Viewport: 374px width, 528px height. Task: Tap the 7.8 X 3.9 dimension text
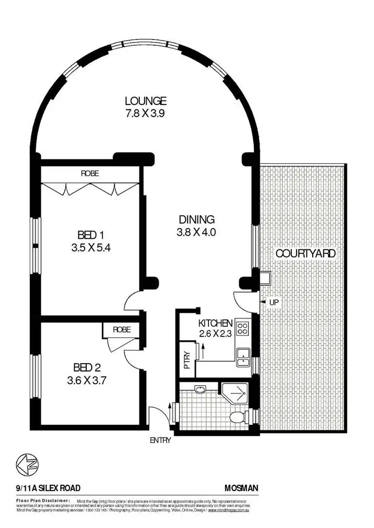point(145,113)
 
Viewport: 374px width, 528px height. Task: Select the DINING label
point(197,219)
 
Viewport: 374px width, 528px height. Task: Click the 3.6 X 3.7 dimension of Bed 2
point(88,381)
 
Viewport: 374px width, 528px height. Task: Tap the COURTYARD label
point(306,253)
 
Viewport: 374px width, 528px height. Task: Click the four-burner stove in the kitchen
point(243,328)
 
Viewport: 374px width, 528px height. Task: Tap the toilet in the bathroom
point(238,417)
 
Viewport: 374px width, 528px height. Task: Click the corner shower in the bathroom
point(234,394)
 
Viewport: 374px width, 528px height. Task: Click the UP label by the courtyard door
point(273,302)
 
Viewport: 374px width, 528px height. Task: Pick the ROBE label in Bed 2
point(121,330)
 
